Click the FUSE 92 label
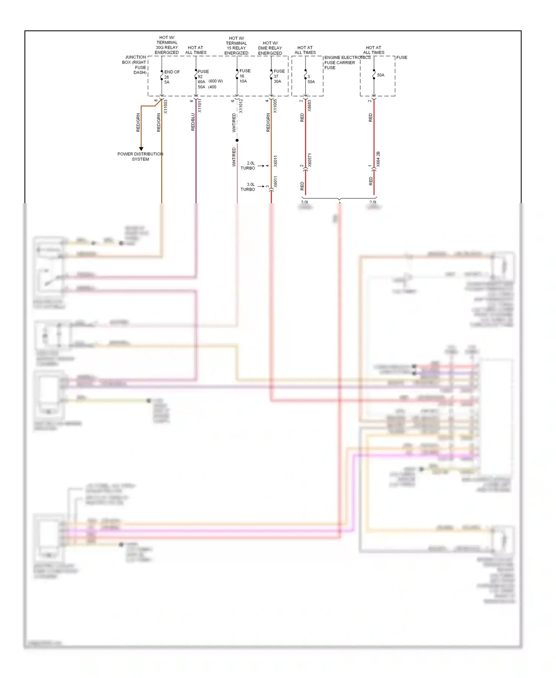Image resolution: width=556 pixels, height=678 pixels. coord(203,74)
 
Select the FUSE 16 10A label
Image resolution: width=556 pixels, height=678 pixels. coord(245,76)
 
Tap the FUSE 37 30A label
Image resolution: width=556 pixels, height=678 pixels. coord(279,76)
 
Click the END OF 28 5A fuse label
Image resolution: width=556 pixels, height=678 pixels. coord(171,77)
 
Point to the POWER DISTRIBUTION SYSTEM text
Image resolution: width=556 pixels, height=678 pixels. coord(140,157)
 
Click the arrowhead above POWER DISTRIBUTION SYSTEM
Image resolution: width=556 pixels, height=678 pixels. coord(141,149)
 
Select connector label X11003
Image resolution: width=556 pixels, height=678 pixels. coord(166,106)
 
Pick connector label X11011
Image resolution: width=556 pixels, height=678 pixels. coord(199,106)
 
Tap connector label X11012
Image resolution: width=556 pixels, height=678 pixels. coord(241,106)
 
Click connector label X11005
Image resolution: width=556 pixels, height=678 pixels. coord(275,106)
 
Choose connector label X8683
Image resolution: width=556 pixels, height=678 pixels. coord(310,106)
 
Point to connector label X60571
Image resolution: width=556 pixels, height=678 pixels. coord(310,160)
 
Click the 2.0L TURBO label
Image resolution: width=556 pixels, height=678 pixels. coord(248,165)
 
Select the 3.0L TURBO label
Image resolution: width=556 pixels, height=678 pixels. coord(248,187)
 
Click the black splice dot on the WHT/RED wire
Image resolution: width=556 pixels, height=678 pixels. coord(237,140)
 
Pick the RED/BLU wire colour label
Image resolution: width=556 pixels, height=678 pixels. coord(193,122)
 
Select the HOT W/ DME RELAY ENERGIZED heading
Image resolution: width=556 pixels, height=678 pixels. coord(270,48)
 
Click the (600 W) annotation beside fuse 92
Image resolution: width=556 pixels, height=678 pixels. coord(216,81)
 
